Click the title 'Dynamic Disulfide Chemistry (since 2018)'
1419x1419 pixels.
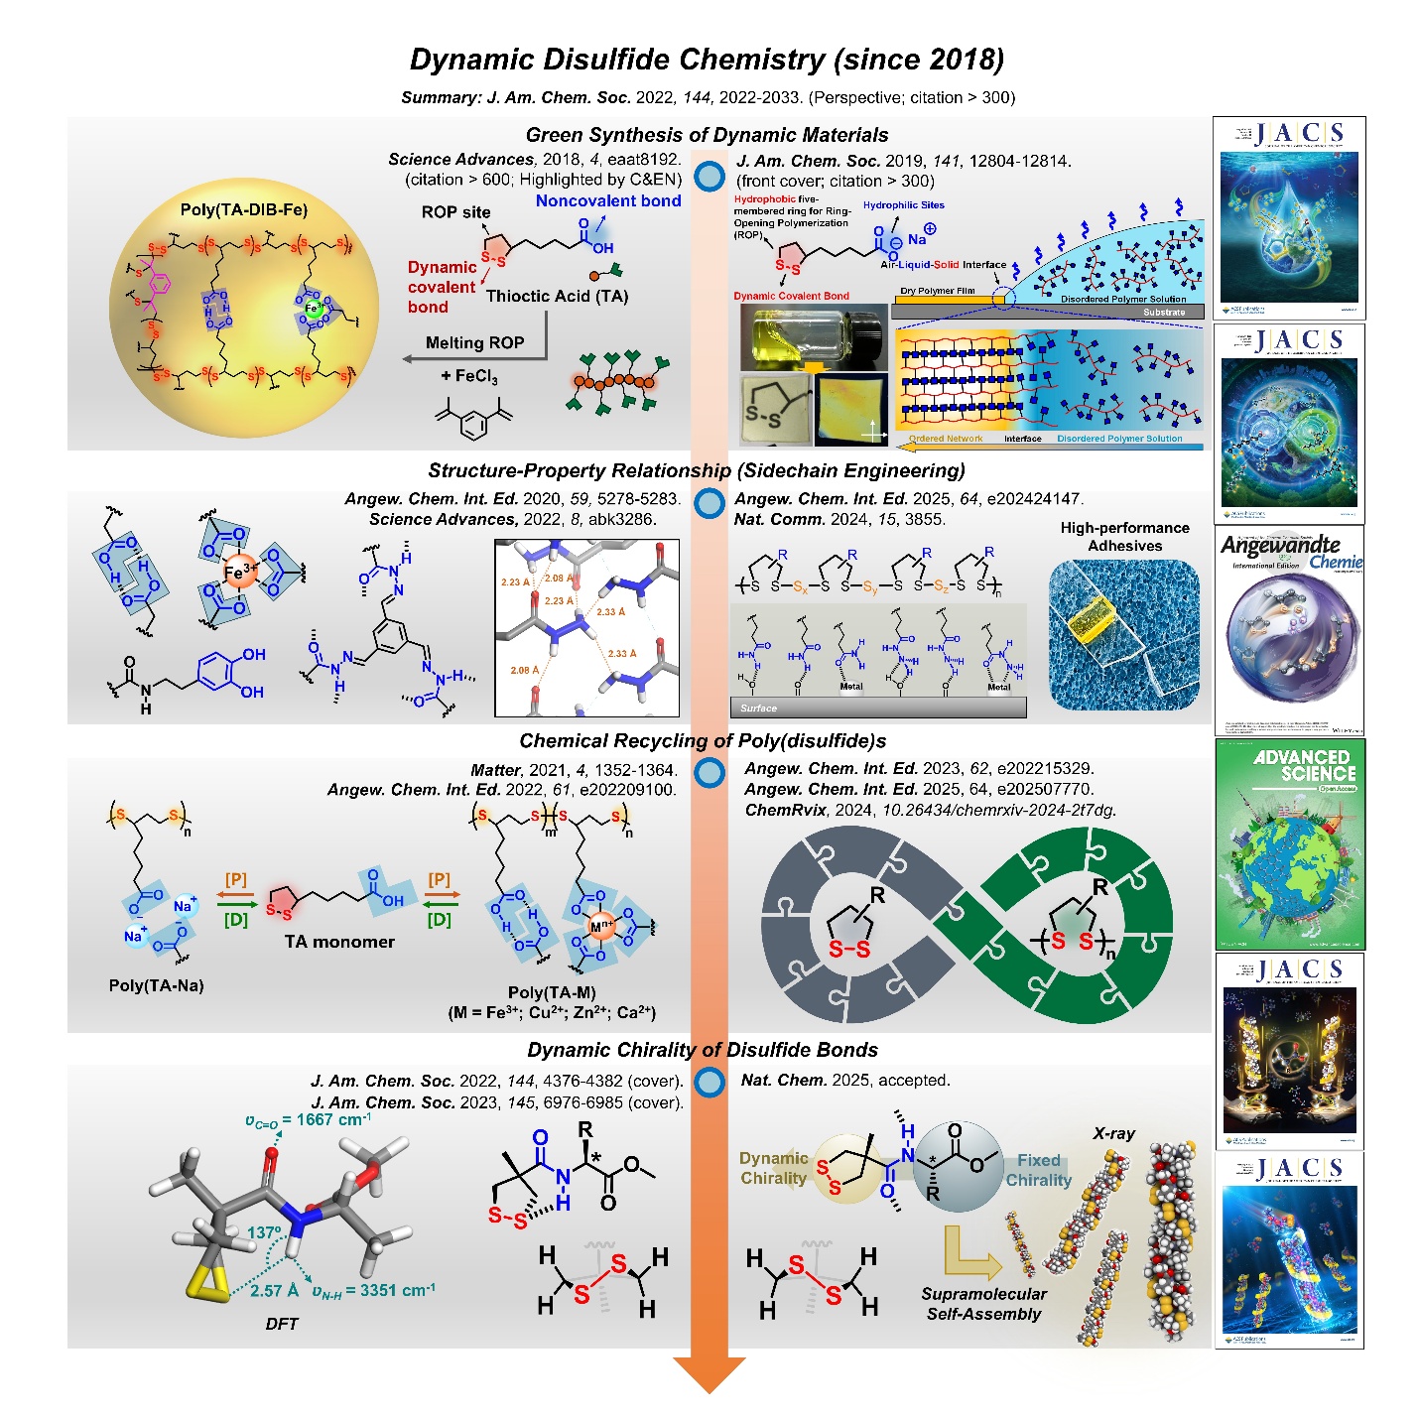tap(707, 60)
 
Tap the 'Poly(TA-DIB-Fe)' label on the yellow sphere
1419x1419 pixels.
tap(244, 210)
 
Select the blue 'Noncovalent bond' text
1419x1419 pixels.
tap(608, 201)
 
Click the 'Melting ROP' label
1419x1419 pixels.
tap(474, 343)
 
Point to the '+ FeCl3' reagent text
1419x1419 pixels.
tap(469, 377)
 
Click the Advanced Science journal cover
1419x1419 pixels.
tap(1290, 843)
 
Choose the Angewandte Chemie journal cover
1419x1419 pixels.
tap(1290, 630)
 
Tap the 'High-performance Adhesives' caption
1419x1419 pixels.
tap(1124, 537)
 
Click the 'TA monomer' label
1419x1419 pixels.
tap(339, 942)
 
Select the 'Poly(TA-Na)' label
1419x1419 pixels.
tap(156, 985)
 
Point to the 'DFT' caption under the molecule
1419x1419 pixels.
tap(282, 1324)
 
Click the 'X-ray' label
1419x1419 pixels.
tap(1113, 1133)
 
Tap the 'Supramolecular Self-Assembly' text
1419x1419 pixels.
tap(983, 1304)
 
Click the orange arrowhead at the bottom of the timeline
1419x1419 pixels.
tap(709, 1374)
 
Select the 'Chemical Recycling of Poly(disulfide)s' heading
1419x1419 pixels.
tap(703, 741)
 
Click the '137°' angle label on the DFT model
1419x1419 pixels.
tap(264, 1232)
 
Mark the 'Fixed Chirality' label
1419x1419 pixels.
tap(1039, 1170)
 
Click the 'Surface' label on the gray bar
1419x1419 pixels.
tap(758, 708)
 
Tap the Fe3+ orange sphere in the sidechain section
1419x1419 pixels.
tap(239, 574)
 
